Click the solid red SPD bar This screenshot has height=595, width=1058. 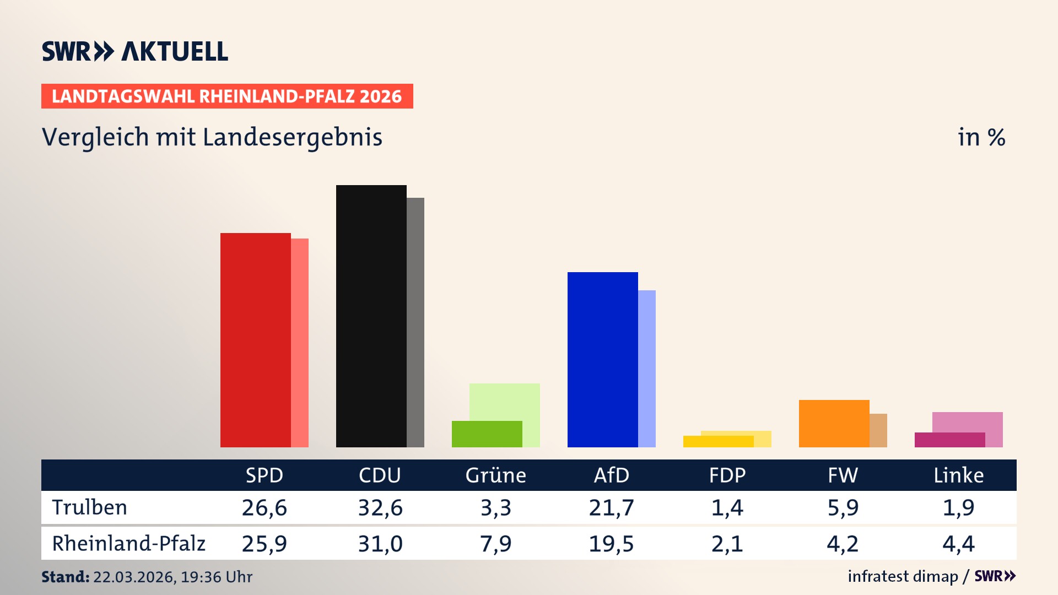(x=255, y=340)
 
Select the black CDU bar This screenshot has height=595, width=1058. (x=371, y=316)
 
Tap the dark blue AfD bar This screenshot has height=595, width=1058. (x=602, y=359)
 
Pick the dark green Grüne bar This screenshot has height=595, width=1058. (x=487, y=434)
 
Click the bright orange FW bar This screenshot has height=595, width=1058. (x=834, y=423)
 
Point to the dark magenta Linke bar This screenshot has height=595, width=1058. (x=949, y=440)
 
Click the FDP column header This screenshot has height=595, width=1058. (x=727, y=475)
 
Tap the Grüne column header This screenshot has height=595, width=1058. (x=495, y=475)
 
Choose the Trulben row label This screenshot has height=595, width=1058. (x=89, y=507)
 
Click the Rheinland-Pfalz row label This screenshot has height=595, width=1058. (x=128, y=544)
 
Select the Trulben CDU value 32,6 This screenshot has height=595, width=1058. (x=380, y=507)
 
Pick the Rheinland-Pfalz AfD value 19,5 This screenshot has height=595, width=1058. (x=611, y=544)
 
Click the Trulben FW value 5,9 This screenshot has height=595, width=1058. (x=843, y=507)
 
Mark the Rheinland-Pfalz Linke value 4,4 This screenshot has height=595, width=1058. (x=958, y=544)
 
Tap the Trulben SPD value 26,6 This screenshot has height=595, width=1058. (x=264, y=507)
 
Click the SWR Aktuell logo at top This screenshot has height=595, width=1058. (x=135, y=51)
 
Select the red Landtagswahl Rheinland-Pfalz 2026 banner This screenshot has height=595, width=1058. (x=227, y=96)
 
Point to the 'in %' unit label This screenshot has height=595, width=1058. (x=981, y=137)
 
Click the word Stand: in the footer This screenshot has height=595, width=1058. (x=65, y=577)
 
